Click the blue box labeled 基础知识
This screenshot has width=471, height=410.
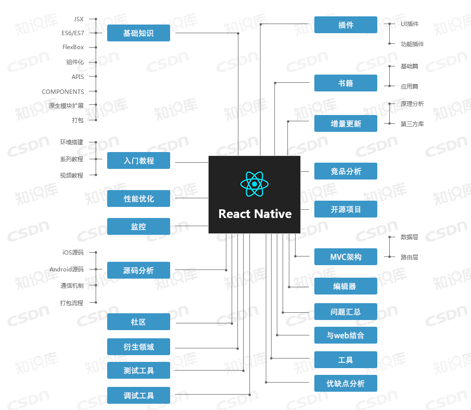pos(138,33)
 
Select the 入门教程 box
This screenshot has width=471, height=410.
pos(138,160)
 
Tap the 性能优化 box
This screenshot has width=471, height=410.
pos(138,199)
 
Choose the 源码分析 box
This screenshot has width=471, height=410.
pos(138,270)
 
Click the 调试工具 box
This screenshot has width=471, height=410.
pos(138,395)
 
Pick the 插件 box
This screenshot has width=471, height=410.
pos(346,25)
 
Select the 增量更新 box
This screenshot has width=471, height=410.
pos(346,123)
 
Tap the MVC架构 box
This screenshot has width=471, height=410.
pos(346,256)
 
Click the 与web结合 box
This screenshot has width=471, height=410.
pos(346,335)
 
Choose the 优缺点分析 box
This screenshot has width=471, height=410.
pos(346,383)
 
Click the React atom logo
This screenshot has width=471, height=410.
pos(254,184)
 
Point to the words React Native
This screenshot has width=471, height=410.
pos(255,214)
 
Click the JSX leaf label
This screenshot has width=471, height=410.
pos(79,19)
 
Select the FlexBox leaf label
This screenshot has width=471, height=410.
pos(73,47)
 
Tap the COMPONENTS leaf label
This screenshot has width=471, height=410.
pos(63,91)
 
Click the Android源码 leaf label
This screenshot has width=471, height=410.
pos(66,269)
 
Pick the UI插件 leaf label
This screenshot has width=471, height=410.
pos(409,24)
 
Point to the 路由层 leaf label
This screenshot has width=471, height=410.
pos(409,257)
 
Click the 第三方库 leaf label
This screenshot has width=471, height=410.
pos(412,124)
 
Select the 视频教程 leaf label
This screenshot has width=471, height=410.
pos(72,175)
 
